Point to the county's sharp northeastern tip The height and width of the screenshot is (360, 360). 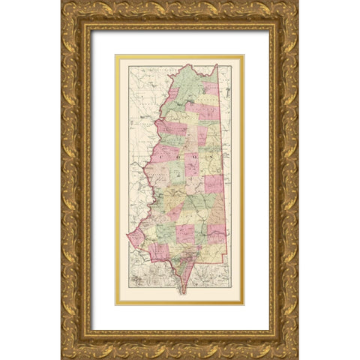[217, 65]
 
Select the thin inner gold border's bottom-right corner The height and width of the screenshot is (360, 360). [244, 304]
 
